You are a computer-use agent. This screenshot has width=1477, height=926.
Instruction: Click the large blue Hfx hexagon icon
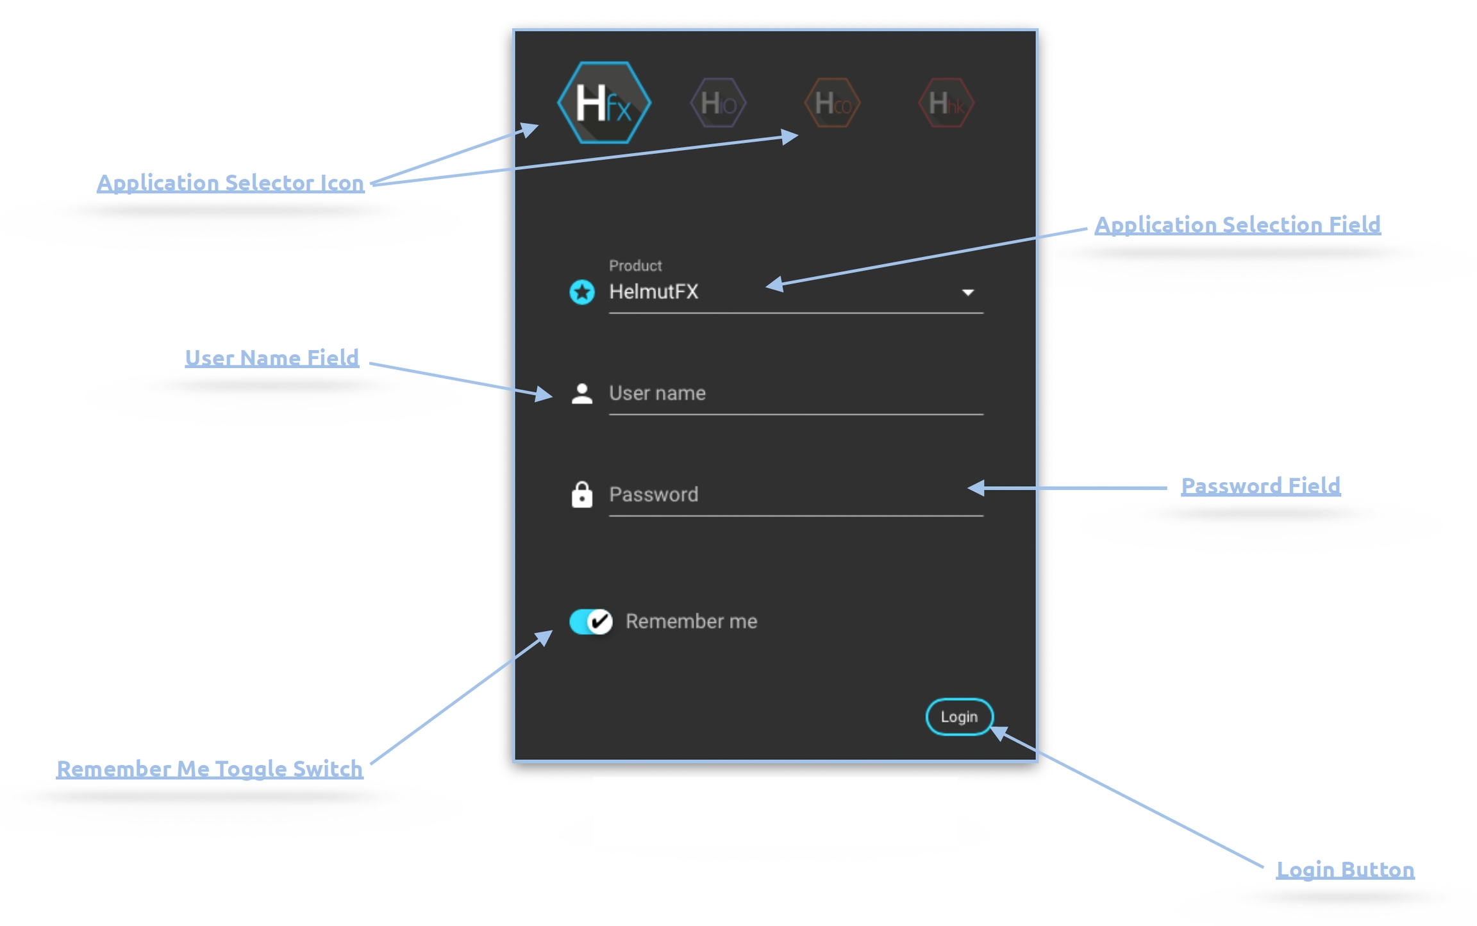[603, 103]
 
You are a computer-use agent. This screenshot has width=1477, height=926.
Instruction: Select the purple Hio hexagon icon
[718, 103]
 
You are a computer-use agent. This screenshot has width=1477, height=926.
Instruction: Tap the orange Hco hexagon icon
[832, 103]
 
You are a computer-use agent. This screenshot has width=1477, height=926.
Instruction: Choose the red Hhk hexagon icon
[946, 103]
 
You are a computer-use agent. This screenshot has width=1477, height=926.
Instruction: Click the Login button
[958, 716]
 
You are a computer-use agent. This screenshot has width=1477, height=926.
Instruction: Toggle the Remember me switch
[590, 621]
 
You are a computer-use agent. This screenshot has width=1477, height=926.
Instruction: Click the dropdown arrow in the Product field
[967, 292]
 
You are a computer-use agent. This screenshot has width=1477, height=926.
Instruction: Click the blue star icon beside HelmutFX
[581, 292]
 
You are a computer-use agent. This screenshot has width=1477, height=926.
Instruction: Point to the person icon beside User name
[581, 393]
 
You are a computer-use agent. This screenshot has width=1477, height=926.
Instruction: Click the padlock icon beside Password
[581, 494]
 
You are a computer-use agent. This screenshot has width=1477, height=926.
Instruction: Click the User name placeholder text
[657, 393]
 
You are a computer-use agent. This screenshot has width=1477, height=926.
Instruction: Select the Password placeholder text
[653, 494]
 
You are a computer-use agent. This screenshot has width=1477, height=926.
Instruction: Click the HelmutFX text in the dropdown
[653, 292]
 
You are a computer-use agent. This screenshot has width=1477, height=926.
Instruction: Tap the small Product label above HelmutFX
[635, 265]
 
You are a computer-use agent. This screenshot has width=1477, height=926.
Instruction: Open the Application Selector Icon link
[230, 183]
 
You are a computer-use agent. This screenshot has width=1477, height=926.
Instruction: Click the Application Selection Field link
[1237, 224]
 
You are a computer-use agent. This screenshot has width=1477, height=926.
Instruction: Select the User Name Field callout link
[272, 358]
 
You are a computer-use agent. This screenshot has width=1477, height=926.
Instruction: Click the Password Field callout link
[1260, 485]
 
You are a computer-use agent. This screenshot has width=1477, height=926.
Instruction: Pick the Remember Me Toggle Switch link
[210, 768]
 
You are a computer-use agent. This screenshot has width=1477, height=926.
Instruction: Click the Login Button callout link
[1345, 870]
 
